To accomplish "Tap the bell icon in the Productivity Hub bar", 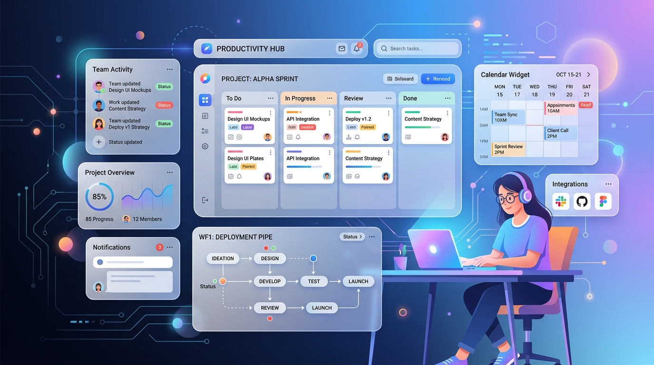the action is (356, 48).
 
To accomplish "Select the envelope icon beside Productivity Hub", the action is (341, 48).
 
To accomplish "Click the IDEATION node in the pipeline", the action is (222, 259).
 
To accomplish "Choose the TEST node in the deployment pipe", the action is (314, 281).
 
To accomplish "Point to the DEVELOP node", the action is (269, 281).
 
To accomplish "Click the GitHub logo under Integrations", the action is (582, 202).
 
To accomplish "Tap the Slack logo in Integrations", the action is (561, 202).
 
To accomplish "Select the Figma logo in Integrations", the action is (603, 202).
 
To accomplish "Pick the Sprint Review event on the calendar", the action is (509, 149).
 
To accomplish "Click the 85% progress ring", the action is (99, 197).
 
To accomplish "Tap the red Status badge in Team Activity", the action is (164, 105).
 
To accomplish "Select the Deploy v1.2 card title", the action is (358, 119).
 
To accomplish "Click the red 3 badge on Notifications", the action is (160, 247).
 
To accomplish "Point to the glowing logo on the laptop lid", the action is (433, 249).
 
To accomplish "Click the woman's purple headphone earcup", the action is (525, 195).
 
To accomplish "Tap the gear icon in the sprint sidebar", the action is (205, 146).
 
